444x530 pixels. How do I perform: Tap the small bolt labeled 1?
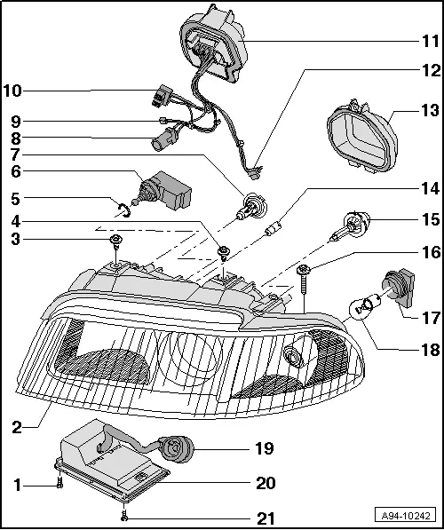tap(59, 483)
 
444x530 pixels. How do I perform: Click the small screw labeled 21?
tap(127, 515)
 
